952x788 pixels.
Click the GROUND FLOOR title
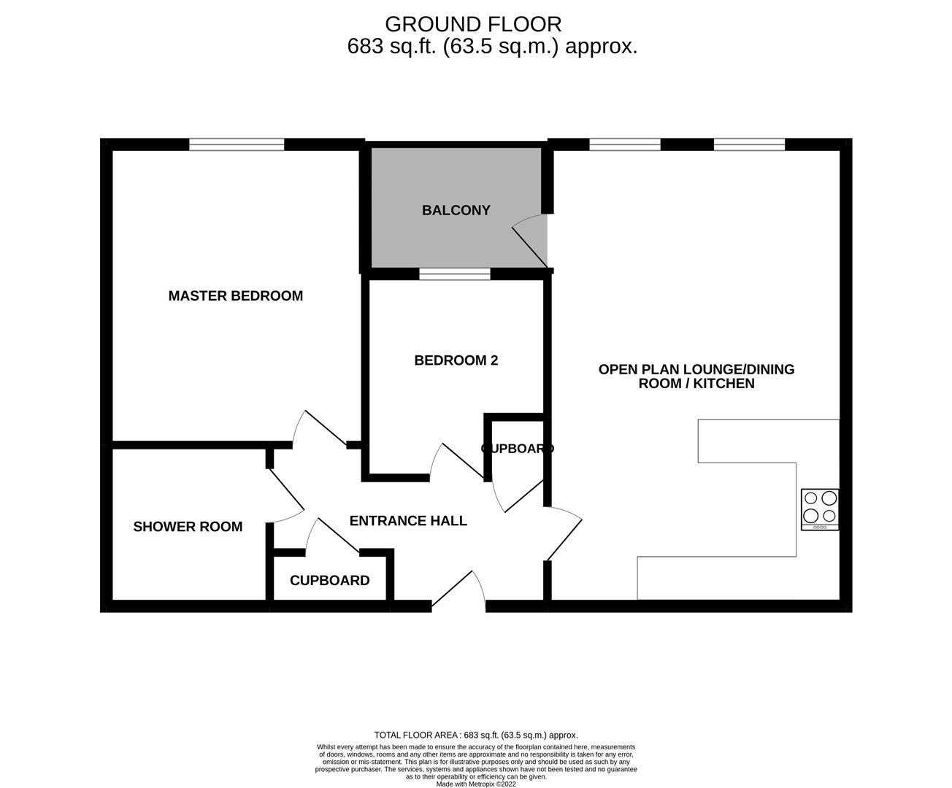pyautogui.click(x=473, y=24)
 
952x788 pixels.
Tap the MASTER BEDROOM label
pyautogui.click(x=235, y=295)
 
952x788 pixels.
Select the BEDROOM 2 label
pyautogui.click(x=456, y=360)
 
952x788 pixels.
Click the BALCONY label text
pyautogui.click(x=456, y=210)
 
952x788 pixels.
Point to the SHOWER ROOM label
pyautogui.click(x=188, y=526)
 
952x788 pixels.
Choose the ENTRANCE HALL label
pyautogui.click(x=408, y=520)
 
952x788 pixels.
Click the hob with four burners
pyautogui.click(x=820, y=509)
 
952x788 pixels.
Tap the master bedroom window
pyautogui.click(x=237, y=144)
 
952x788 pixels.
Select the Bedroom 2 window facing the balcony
pyautogui.click(x=455, y=274)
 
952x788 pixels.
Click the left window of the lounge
pyautogui.click(x=625, y=144)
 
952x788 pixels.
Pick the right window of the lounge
pyautogui.click(x=749, y=144)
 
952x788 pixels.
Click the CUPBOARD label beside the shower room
pyautogui.click(x=329, y=580)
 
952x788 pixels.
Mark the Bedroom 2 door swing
pyautogui.click(x=456, y=463)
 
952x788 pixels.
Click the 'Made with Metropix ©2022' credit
pyautogui.click(x=476, y=784)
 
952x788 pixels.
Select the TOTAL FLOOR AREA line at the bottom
pyautogui.click(x=476, y=735)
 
